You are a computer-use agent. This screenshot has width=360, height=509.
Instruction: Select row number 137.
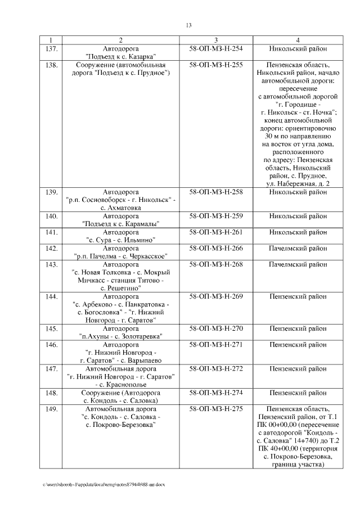tap(51, 48)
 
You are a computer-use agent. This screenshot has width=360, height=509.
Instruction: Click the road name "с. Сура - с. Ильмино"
tap(121, 240)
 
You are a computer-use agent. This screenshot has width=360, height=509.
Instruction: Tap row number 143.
tap(51, 264)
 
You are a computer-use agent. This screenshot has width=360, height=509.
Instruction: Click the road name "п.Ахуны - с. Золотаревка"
tap(121, 336)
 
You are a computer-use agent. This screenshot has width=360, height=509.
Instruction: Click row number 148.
tap(51, 393)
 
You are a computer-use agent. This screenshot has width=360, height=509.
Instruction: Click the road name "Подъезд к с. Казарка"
tap(121, 56)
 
